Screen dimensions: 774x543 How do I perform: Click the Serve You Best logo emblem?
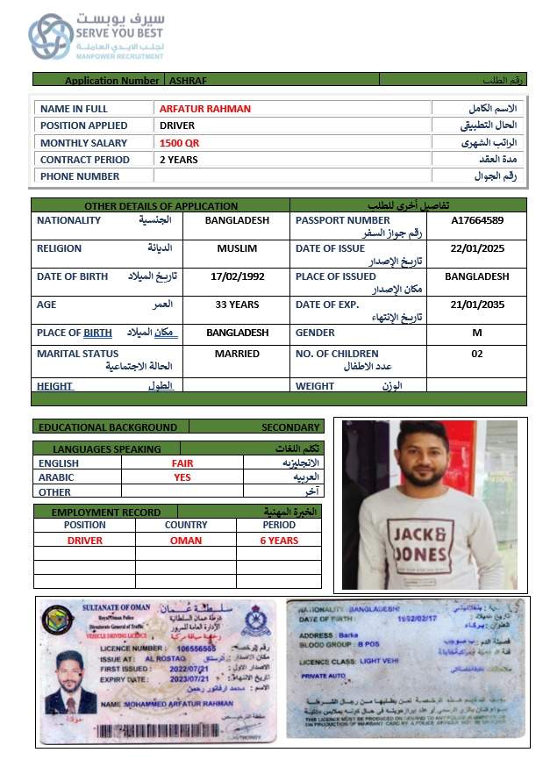pyautogui.click(x=50, y=36)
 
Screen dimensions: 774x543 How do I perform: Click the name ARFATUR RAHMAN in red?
pyautogui.click(x=204, y=109)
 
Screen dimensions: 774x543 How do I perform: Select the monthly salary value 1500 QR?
pyautogui.click(x=179, y=143)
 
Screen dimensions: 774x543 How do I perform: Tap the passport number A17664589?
pyautogui.click(x=477, y=220)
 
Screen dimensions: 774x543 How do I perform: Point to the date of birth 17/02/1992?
pyautogui.click(x=237, y=276)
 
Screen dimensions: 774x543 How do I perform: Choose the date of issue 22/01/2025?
pyautogui.click(x=477, y=248)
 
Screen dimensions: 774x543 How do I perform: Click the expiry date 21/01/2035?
pyautogui.click(x=477, y=305)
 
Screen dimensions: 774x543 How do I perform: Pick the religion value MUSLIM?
pyautogui.click(x=237, y=248)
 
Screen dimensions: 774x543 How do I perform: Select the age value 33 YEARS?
pyautogui.click(x=237, y=305)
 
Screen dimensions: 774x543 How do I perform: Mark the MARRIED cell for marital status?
pyautogui.click(x=237, y=354)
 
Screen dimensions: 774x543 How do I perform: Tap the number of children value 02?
pyautogui.click(x=477, y=354)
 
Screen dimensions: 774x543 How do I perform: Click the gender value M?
pyautogui.click(x=477, y=333)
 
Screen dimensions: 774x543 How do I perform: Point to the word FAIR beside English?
pyautogui.click(x=182, y=462)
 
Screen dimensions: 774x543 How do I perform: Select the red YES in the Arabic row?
pyautogui.click(x=182, y=477)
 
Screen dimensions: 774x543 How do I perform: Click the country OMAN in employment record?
pyautogui.click(x=186, y=541)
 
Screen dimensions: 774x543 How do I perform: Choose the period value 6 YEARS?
pyautogui.click(x=279, y=541)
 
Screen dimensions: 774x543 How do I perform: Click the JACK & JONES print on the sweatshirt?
pyautogui.click(x=419, y=543)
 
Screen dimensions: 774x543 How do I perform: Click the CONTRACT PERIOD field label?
pyautogui.click(x=84, y=160)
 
